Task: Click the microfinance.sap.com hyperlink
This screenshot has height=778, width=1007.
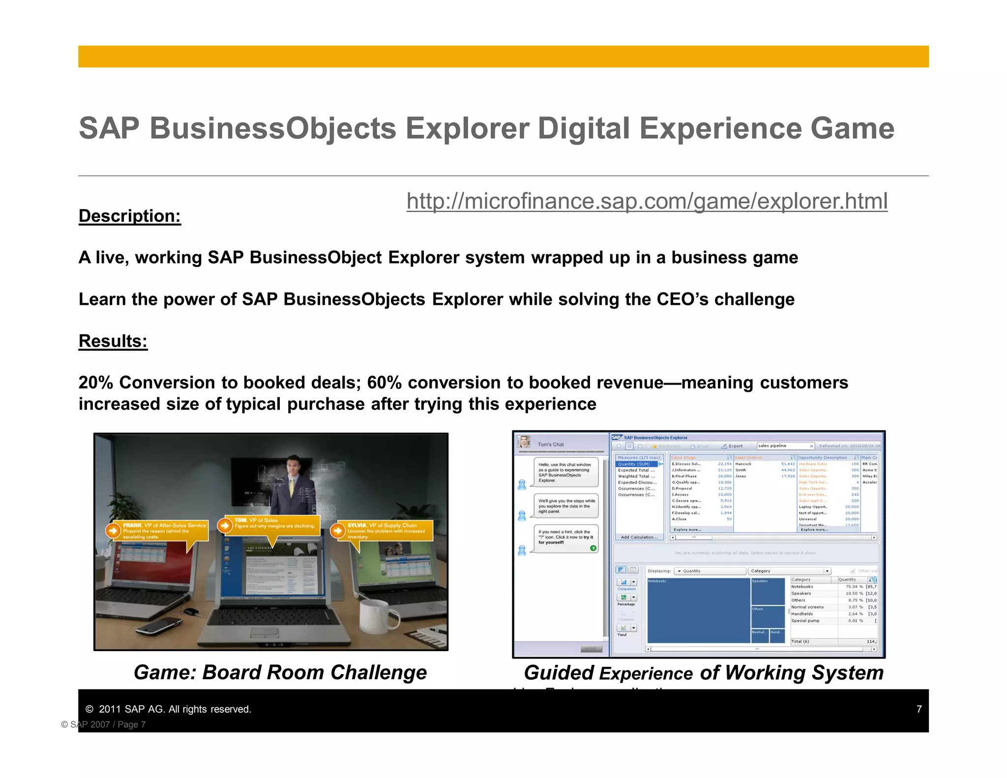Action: (647, 201)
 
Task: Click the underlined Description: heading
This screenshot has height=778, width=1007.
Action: (130, 216)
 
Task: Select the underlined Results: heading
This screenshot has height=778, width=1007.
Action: (113, 341)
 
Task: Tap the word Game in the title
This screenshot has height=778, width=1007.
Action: (852, 128)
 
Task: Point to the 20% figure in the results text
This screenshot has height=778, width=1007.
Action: (95, 383)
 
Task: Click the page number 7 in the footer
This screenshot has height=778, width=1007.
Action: (918, 709)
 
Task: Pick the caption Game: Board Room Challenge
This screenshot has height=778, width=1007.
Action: (280, 672)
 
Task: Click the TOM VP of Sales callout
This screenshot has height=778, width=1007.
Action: (273, 523)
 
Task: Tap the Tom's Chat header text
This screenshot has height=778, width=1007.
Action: (551, 444)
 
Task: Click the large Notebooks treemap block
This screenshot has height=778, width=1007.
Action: (698, 610)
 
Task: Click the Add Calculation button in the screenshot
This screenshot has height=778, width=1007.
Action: (639, 537)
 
